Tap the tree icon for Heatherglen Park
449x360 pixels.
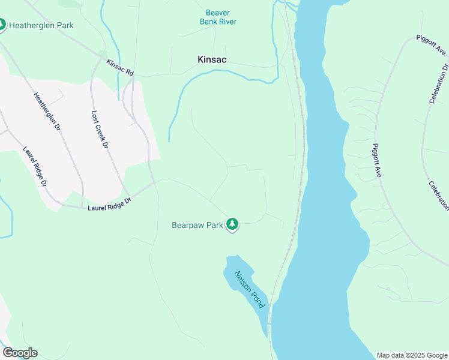pyautogui.click(x=2, y=25)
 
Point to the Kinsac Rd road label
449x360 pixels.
pyautogui.click(x=120, y=67)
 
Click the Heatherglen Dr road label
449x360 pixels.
pyautogui.click(x=47, y=112)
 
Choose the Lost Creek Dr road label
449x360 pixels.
pyautogui.click(x=100, y=130)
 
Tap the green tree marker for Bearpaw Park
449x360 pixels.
pyautogui.click(x=232, y=225)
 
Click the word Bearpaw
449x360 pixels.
pyautogui.click(x=188, y=226)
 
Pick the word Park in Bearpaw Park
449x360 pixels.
pyautogui.click(x=215, y=226)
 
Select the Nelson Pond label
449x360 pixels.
pyautogui.click(x=249, y=290)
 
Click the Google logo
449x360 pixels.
pyautogui.click(x=20, y=353)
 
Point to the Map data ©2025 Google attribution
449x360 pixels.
pyautogui.click(x=411, y=355)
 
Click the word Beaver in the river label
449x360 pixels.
pyautogui.click(x=218, y=13)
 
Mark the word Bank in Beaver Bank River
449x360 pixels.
pyautogui.click(x=209, y=22)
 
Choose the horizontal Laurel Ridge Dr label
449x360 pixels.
pyautogui.click(x=109, y=204)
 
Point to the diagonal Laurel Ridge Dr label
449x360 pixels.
pyautogui.click(x=35, y=167)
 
